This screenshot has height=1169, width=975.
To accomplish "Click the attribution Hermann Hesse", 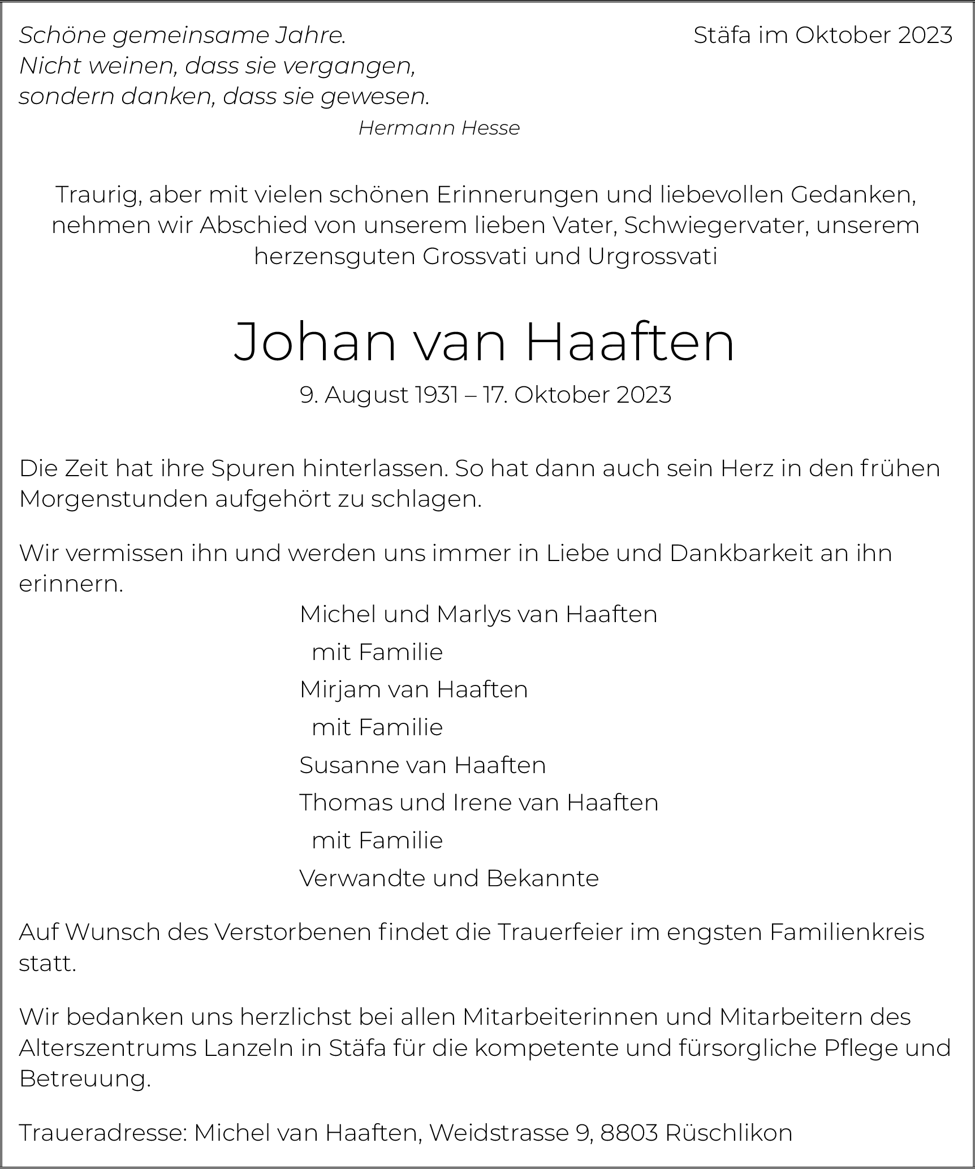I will (439, 128).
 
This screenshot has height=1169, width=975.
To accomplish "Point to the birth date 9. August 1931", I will (379, 395).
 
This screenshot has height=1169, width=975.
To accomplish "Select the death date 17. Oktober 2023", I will (577, 395).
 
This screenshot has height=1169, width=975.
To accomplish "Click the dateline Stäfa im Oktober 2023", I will (823, 36).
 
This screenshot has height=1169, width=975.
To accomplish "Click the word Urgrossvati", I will (653, 256).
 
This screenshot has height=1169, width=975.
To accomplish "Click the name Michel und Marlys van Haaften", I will (478, 614).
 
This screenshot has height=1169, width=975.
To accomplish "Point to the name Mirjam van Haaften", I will (413, 689).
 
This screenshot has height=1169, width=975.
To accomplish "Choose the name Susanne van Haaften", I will (422, 765).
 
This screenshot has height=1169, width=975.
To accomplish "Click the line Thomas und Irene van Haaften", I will (478, 803).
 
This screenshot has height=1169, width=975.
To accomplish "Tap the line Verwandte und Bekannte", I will (449, 878).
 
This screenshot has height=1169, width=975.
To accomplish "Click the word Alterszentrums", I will (107, 1048).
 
